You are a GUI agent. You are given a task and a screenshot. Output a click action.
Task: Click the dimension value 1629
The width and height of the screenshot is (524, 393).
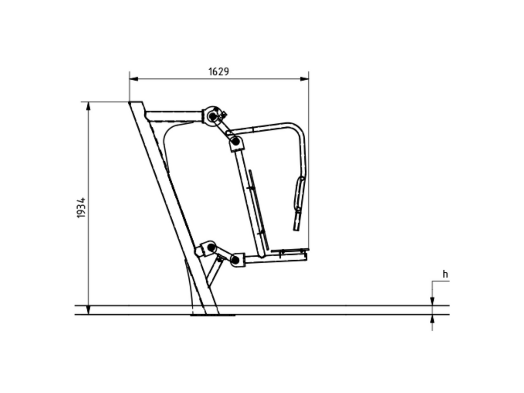(x=218, y=71)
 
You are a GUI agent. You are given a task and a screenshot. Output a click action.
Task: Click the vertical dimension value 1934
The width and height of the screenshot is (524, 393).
(x=81, y=208)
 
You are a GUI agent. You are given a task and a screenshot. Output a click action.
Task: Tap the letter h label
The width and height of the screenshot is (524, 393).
(x=445, y=274)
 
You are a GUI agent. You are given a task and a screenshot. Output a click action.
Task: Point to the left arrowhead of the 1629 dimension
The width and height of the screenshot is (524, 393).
(x=134, y=79)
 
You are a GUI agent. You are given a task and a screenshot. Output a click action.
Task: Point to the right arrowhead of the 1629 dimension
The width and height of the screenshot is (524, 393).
(x=304, y=79)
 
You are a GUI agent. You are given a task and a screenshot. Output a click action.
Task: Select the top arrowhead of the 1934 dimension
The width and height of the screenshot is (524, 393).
(x=88, y=106)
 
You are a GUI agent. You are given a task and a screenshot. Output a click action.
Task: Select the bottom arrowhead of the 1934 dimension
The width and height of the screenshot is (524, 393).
(x=88, y=310)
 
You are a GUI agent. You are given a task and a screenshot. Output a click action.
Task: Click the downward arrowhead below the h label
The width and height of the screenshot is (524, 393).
(x=432, y=301)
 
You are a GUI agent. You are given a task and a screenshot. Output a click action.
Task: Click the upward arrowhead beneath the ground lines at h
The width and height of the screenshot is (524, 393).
(x=432, y=319)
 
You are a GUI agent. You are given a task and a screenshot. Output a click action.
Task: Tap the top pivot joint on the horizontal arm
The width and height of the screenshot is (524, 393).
(x=212, y=117)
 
